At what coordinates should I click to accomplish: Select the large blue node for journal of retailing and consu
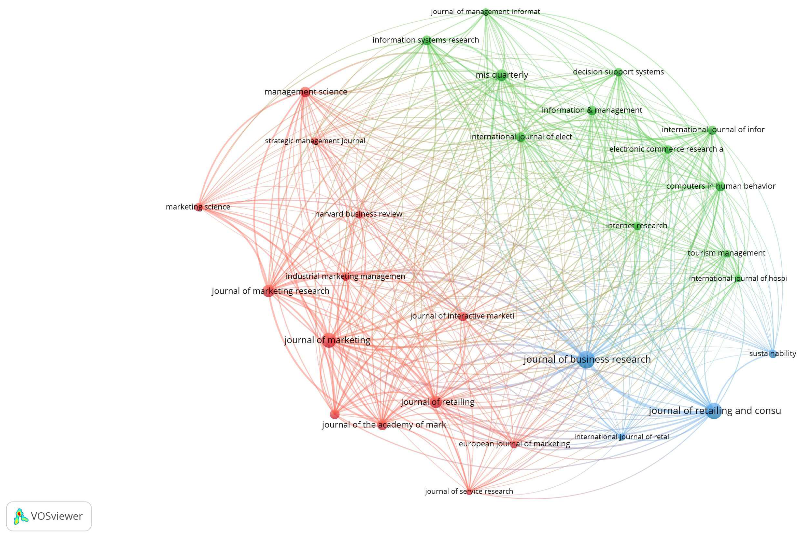(x=714, y=411)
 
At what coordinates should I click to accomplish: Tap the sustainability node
(x=773, y=354)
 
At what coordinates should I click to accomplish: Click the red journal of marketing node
(x=329, y=340)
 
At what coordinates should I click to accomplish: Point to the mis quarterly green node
(x=502, y=75)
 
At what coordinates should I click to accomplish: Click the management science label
(x=305, y=92)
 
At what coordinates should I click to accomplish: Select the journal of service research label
(x=469, y=491)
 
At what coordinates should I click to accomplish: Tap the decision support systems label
(x=618, y=72)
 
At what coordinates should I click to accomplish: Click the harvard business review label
(x=358, y=214)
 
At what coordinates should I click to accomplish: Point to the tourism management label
(x=726, y=253)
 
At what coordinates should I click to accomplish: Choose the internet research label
(x=636, y=226)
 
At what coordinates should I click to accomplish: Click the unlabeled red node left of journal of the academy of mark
(x=334, y=414)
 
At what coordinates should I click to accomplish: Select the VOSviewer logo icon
(x=21, y=516)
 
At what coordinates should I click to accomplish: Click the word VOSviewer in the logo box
(x=57, y=516)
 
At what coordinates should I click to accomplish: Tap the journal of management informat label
(x=485, y=12)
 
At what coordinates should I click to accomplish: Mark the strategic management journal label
(x=315, y=141)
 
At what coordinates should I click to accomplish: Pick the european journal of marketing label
(x=514, y=444)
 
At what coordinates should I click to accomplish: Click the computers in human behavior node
(x=720, y=186)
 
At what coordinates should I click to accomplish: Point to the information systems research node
(x=426, y=40)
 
